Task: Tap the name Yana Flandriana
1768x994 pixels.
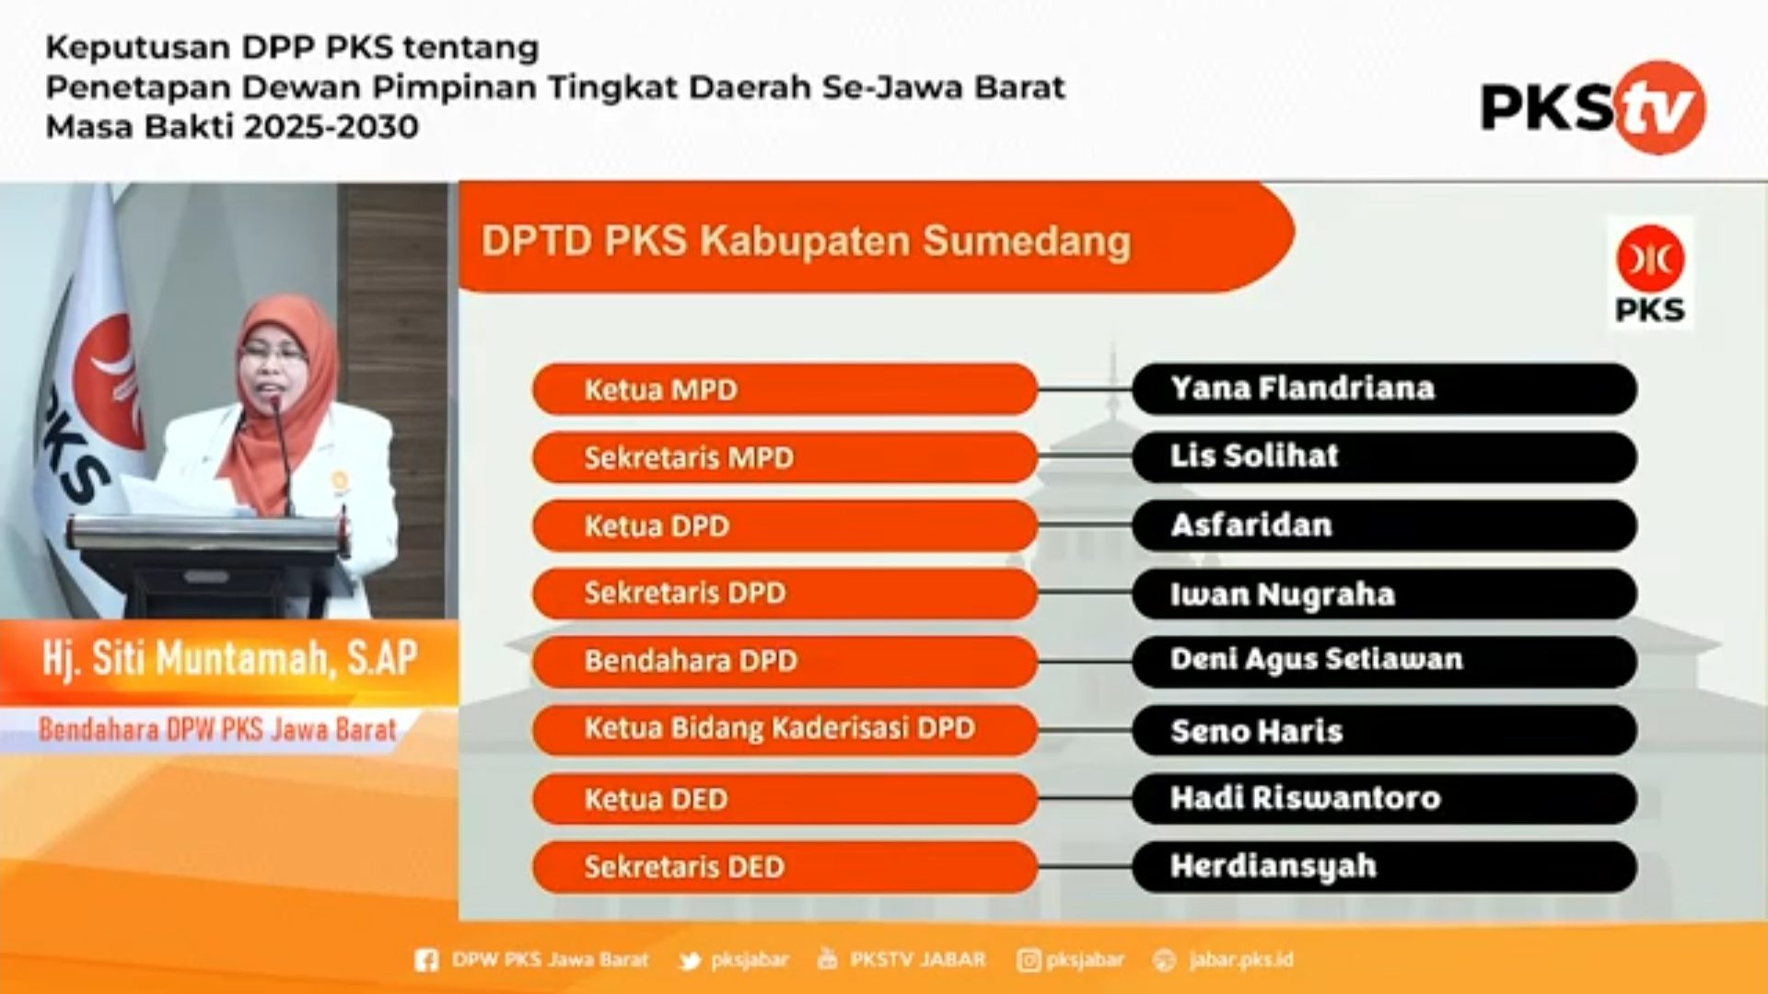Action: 1302,388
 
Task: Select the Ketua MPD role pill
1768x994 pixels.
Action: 785,389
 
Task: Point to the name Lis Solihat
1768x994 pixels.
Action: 1254,456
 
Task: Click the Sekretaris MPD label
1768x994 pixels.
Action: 689,457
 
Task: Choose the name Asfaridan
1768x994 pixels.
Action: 1251,525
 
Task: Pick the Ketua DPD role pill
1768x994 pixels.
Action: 785,526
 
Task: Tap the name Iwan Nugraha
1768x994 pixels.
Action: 1282,594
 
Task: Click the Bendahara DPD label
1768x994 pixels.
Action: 691,661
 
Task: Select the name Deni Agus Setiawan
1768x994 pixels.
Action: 1316,660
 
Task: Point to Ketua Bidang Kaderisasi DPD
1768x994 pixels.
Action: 779,729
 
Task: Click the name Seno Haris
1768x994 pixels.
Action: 1256,731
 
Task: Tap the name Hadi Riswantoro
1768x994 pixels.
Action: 1305,797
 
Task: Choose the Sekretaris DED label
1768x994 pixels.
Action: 684,867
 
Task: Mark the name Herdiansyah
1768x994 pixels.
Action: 1273,867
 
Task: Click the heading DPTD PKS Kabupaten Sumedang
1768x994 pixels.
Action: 806,241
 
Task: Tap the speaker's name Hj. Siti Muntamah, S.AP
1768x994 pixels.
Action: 229,658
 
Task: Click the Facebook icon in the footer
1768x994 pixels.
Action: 426,961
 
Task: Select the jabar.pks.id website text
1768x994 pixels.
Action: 1240,960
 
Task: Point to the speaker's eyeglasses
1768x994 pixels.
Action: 273,353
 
